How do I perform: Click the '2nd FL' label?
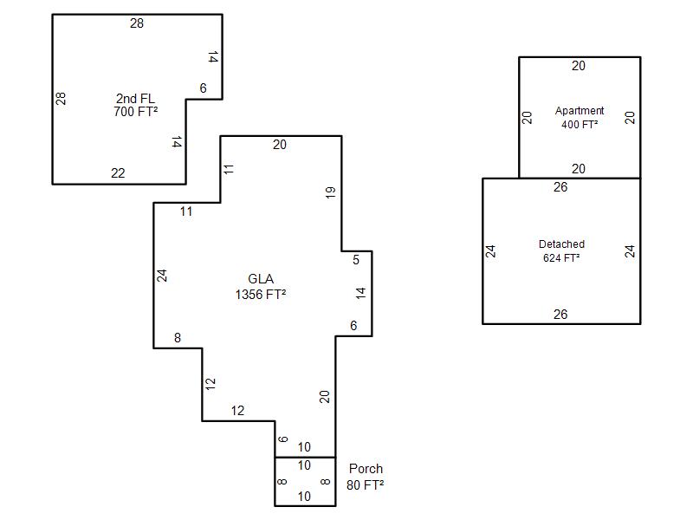click(x=135, y=98)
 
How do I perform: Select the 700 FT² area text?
click(x=136, y=112)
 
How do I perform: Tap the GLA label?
click(x=261, y=279)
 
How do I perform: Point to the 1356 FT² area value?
click(x=261, y=295)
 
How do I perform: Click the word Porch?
click(x=366, y=469)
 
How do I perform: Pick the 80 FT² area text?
click(x=365, y=485)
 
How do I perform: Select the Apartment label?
click(x=580, y=111)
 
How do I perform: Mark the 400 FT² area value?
click(x=580, y=125)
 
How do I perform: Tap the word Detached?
click(x=561, y=244)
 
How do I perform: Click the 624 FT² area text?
click(x=561, y=257)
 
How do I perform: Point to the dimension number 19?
click(x=331, y=192)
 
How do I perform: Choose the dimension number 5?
click(x=356, y=260)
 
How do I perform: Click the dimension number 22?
click(x=118, y=172)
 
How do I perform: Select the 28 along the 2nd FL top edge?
click(x=137, y=23)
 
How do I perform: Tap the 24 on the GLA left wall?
click(x=162, y=276)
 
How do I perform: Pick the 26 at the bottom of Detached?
click(x=560, y=315)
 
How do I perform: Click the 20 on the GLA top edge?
click(x=279, y=145)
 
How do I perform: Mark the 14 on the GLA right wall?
click(x=360, y=293)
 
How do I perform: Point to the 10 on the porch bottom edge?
click(x=304, y=497)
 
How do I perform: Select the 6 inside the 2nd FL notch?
click(x=204, y=88)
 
